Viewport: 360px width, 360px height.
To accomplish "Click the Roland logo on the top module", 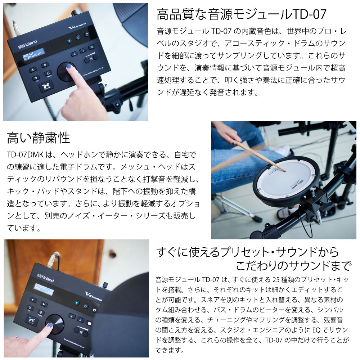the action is pos(28,44).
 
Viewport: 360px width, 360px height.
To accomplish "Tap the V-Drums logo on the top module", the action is pos(77,26).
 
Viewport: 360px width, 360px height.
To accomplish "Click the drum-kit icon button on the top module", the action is pos(46,86).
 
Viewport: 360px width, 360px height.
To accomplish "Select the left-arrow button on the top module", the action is pos(33,69).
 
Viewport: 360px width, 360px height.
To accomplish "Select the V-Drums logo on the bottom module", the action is pos(94,296).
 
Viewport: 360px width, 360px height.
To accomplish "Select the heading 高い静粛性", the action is pos(39,138).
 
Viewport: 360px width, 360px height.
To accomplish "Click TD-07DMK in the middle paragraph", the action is pos(25,155).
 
